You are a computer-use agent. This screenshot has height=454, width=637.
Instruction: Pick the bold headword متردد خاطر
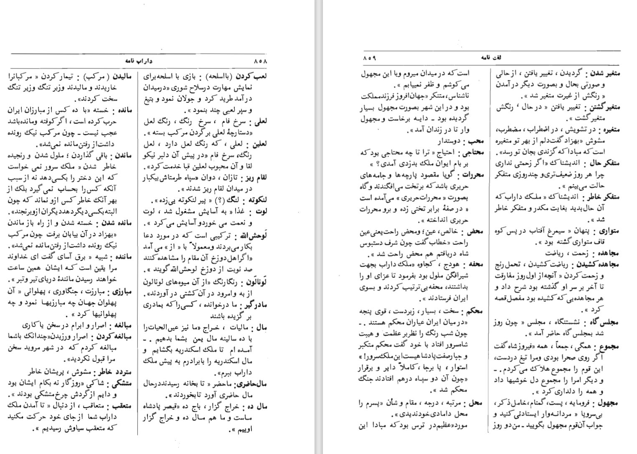coord(113,371)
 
